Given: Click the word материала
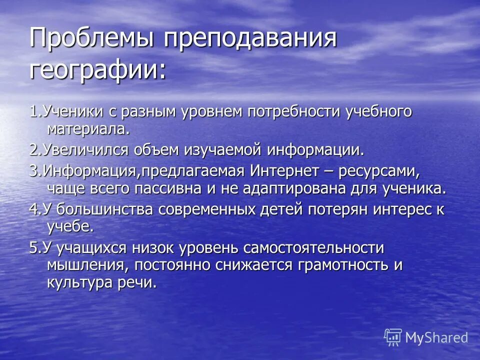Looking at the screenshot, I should (x=88, y=129).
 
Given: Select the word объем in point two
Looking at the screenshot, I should (x=163, y=150).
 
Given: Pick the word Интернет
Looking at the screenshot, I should (x=283, y=171).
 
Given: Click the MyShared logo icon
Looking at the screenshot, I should (x=393, y=337).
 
